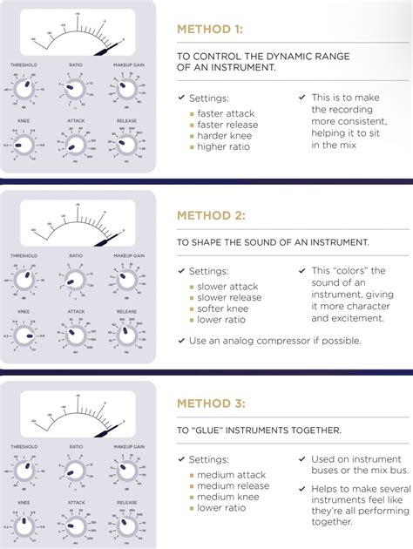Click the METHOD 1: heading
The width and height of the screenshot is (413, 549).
(210, 29)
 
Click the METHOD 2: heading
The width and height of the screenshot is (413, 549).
(211, 214)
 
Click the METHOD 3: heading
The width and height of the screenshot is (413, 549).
(211, 403)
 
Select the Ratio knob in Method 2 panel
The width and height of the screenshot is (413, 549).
(75, 279)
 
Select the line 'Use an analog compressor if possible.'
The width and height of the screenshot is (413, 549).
(274, 341)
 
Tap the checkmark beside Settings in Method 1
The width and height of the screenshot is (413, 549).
(180, 98)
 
